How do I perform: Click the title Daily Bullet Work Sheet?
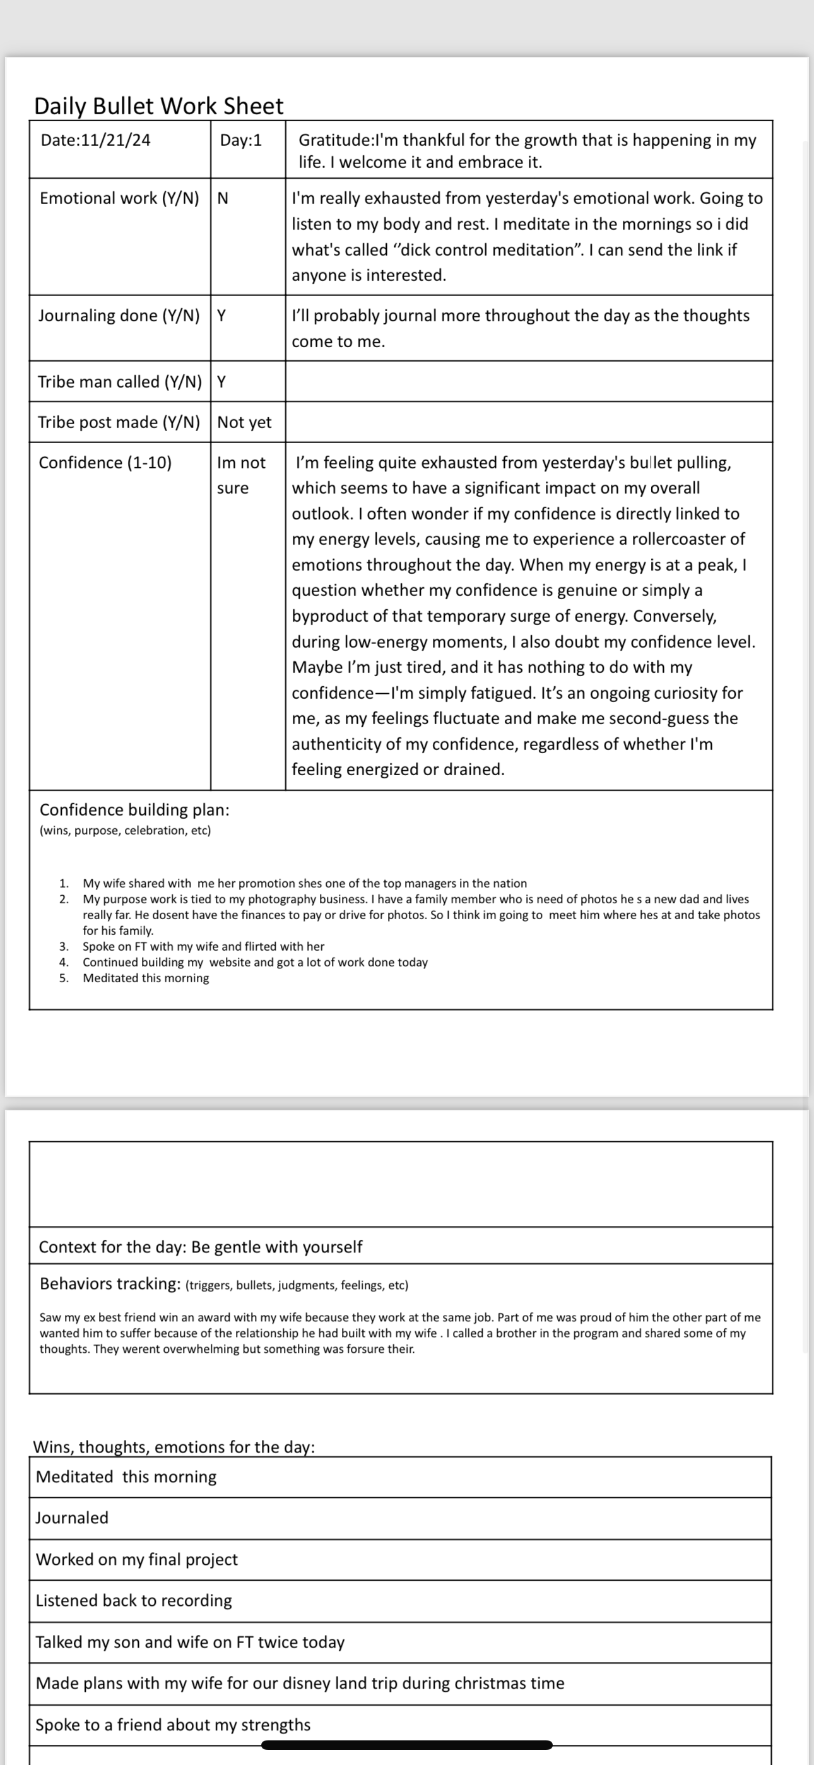point(158,106)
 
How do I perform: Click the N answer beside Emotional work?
point(223,199)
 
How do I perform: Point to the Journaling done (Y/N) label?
point(119,316)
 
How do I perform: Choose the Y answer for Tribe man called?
point(221,383)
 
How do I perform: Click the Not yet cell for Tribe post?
point(244,423)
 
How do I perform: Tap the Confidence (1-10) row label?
point(105,463)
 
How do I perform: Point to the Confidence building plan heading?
point(134,810)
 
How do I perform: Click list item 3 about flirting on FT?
point(203,947)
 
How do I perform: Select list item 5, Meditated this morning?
point(146,978)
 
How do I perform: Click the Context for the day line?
point(200,1247)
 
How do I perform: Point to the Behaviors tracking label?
point(110,1284)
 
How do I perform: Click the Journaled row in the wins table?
point(72,1518)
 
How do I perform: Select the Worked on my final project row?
point(136,1559)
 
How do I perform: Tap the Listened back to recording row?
point(134,1601)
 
